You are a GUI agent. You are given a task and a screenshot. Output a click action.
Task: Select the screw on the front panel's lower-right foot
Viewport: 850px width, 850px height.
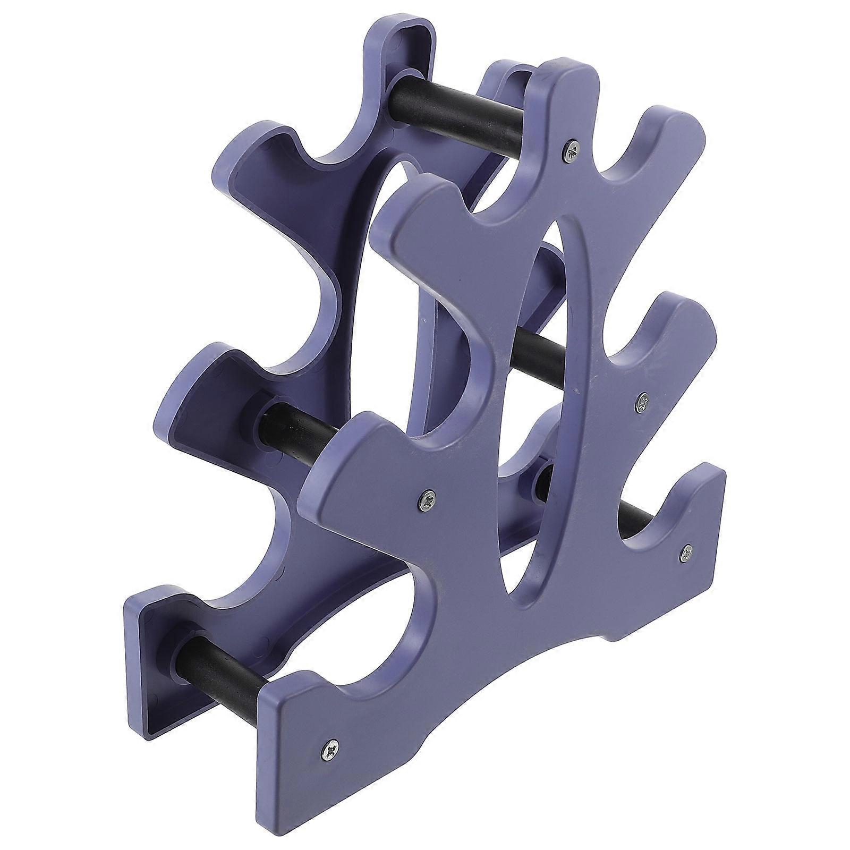tap(686, 554)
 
